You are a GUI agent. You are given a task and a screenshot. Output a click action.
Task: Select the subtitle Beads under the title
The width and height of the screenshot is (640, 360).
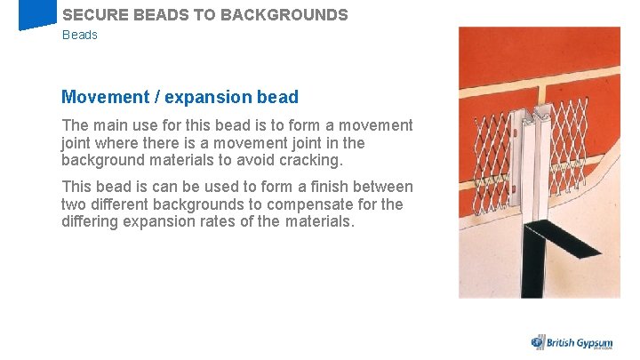coord(80,35)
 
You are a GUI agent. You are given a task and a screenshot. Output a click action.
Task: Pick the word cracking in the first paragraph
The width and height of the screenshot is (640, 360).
coord(310,160)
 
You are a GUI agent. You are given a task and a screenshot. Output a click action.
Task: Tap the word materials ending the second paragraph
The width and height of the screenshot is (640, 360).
coord(318,221)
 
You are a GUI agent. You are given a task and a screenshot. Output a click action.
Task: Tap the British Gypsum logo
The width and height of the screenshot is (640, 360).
coord(573,342)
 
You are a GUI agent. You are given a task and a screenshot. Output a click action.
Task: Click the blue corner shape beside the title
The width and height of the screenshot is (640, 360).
coord(36,15)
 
